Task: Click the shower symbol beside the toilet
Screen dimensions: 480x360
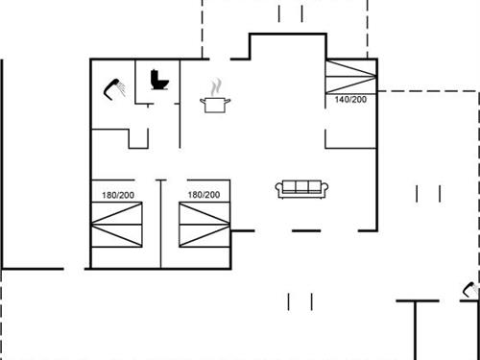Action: (116, 88)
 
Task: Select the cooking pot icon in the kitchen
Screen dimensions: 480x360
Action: (215, 103)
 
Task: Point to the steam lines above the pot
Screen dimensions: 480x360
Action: (217, 86)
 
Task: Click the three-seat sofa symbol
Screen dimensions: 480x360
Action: (302, 189)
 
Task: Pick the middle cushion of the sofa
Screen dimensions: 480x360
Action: (302, 188)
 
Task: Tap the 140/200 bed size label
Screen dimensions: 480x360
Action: (350, 99)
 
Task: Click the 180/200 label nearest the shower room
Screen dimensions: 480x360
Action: (119, 195)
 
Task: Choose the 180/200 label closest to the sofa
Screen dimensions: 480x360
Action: (204, 195)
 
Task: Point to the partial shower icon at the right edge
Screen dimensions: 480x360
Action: (471, 289)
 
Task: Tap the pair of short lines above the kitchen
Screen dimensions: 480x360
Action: (290, 13)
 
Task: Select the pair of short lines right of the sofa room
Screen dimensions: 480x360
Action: (428, 194)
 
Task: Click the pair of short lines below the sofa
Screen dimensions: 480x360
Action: (300, 301)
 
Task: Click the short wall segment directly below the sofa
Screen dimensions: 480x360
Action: (305, 230)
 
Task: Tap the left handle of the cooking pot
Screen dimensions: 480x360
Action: (203, 99)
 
